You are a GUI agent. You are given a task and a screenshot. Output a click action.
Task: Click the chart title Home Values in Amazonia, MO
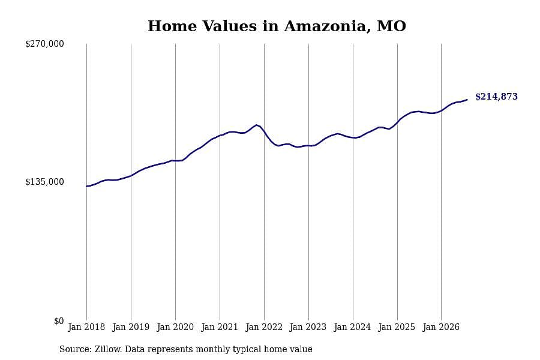tap(277, 26)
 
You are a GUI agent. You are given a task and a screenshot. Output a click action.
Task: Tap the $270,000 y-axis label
tap(44, 44)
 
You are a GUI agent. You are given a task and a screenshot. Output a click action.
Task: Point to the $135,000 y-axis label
tap(44, 182)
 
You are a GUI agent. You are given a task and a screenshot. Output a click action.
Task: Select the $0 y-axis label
tap(59, 321)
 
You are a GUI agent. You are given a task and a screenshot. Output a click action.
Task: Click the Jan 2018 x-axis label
tap(86, 327)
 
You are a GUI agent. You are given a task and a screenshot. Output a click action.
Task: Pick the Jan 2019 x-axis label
tap(131, 327)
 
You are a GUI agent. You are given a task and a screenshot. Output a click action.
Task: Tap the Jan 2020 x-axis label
tap(175, 327)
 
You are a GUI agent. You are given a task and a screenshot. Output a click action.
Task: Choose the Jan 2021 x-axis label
tap(220, 327)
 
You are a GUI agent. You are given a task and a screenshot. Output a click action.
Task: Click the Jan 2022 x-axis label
tap(264, 327)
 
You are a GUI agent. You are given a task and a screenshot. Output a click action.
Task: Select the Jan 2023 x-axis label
tap(308, 327)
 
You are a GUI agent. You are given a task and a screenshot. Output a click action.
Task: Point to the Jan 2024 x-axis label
tap(352, 327)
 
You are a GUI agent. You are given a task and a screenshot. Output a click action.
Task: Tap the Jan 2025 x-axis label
tap(397, 327)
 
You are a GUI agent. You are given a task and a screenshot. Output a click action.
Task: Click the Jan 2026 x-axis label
tap(441, 327)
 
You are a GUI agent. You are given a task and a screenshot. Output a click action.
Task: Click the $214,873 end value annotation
tap(496, 97)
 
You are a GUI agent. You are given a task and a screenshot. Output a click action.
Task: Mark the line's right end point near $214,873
tap(467, 100)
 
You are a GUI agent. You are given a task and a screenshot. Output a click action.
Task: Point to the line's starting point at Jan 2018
tap(86, 187)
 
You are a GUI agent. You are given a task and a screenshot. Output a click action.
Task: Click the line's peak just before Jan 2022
tap(256, 125)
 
